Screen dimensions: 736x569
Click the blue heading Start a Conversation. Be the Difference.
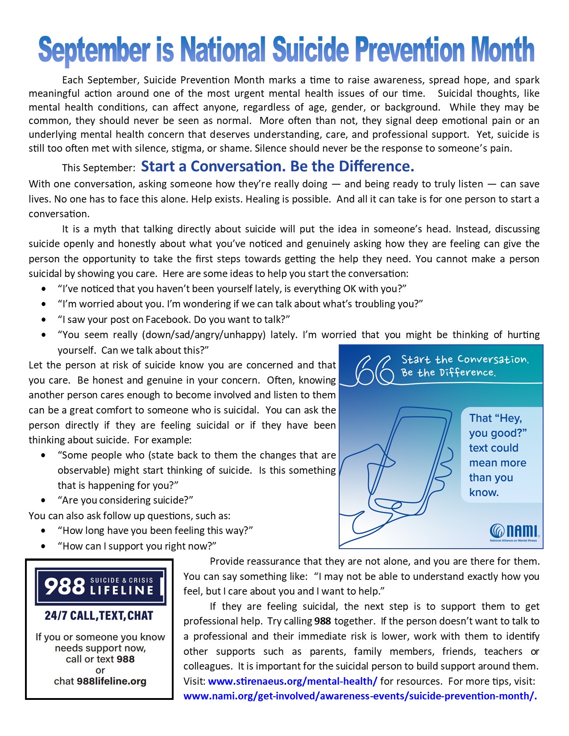[x=278, y=166]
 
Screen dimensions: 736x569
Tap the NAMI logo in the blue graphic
[x=514, y=531]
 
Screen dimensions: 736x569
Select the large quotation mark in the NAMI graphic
[x=374, y=370]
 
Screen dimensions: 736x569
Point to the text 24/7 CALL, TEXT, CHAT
[x=99, y=616]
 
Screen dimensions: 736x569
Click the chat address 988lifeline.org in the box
[x=112, y=682]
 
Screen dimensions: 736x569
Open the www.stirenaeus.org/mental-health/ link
[x=292, y=681]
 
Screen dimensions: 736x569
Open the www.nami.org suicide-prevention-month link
[x=360, y=696]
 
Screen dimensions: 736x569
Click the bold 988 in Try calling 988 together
[x=323, y=621]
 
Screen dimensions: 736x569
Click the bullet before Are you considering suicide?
[x=43, y=500]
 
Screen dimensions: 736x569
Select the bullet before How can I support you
[x=43, y=546]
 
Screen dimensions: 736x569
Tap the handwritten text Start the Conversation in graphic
[x=465, y=360]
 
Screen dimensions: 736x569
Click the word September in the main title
[x=94, y=50]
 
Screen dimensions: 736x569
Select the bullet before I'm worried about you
[x=43, y=304]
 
